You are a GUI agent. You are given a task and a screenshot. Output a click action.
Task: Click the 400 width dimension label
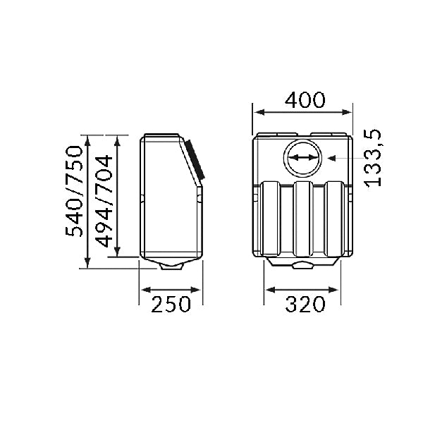click(x=305, y=99)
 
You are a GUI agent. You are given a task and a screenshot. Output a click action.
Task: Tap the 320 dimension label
click(x=305, y=305)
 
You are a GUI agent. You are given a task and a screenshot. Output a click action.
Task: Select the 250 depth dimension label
click(x=171, y=305)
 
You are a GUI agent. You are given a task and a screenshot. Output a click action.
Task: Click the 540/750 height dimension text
click(x=73, y=192)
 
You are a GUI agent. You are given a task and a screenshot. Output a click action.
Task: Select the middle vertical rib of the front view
click(x=303, y=219)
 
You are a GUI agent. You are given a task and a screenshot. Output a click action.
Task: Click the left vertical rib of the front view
click(x=271, y=219)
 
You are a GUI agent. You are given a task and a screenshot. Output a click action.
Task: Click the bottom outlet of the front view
click(x=303, y=265)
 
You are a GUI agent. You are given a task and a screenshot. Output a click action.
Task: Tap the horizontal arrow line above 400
click(x=303, y=111)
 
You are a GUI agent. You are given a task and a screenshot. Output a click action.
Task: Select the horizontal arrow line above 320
click(x=303, y=288)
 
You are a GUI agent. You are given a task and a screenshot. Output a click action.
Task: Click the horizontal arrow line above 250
click(x=172, y=288)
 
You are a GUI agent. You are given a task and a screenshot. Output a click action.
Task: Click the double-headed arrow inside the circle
click(x=303, y=158)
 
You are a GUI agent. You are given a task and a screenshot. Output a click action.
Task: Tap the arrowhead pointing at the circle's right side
click(x=330, y=158)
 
